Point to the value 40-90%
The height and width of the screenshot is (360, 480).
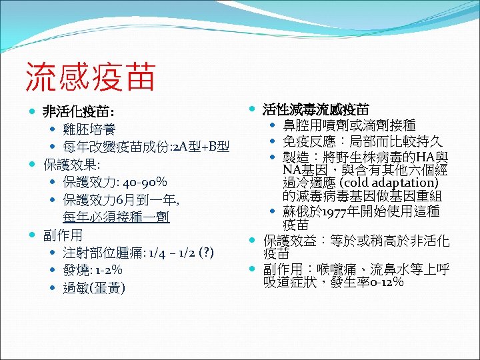coord(145,182)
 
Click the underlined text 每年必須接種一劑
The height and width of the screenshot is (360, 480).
coord(116,217)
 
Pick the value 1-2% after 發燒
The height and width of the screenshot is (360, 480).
coord(109,271)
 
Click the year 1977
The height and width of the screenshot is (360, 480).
coord(340,211)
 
